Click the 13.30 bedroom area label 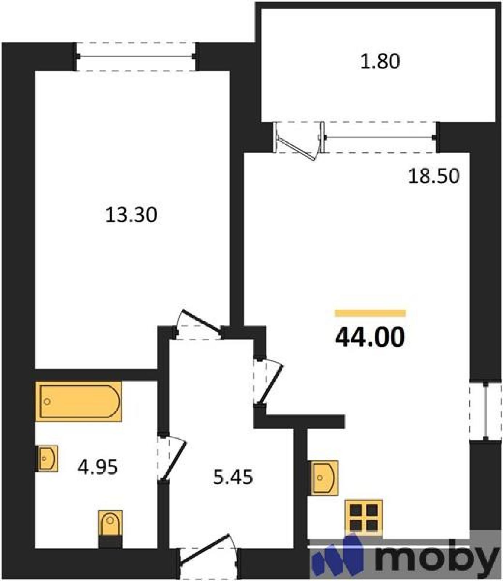tap(131, 215)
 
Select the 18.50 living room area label tap(434, 176)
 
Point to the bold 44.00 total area tap(370, 337)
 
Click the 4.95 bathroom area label tap(98, 467)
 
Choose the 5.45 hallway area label tap(233, 477)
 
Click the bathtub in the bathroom tap(78, 402)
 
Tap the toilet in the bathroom tap(110, 529)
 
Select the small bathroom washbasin tap(47, 458)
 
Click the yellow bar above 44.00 tap(370, 313)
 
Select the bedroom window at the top tap(136, 56)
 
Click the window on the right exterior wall tap(486, 411)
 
